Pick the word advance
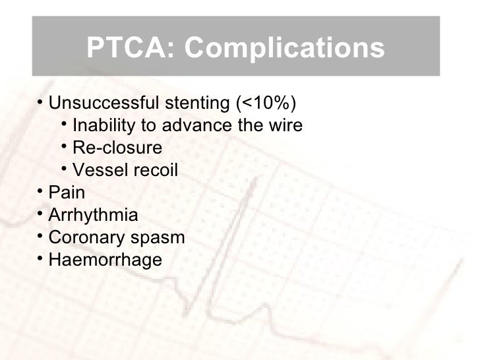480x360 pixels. coord(206,126)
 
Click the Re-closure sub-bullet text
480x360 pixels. coord(117,148)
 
